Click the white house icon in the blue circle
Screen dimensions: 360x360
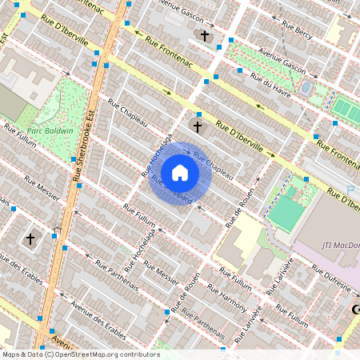click(180, 173)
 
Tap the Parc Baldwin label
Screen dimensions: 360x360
click(50, 130)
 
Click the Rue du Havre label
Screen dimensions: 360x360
click(270, 82)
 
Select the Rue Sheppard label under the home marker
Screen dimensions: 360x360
click(172, 191)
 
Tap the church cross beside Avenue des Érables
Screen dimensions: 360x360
click(30, 238)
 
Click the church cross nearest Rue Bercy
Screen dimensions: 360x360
click(205, 36)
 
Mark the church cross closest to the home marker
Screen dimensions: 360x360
click(198, 126)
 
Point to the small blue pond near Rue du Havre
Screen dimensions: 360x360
click(306, 86)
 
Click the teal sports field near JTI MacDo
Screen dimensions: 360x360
click(286, 213)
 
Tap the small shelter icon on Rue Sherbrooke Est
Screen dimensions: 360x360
click(57, 233)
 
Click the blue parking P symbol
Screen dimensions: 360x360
click(350, 190)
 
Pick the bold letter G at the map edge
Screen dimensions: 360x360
click(355, 309)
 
